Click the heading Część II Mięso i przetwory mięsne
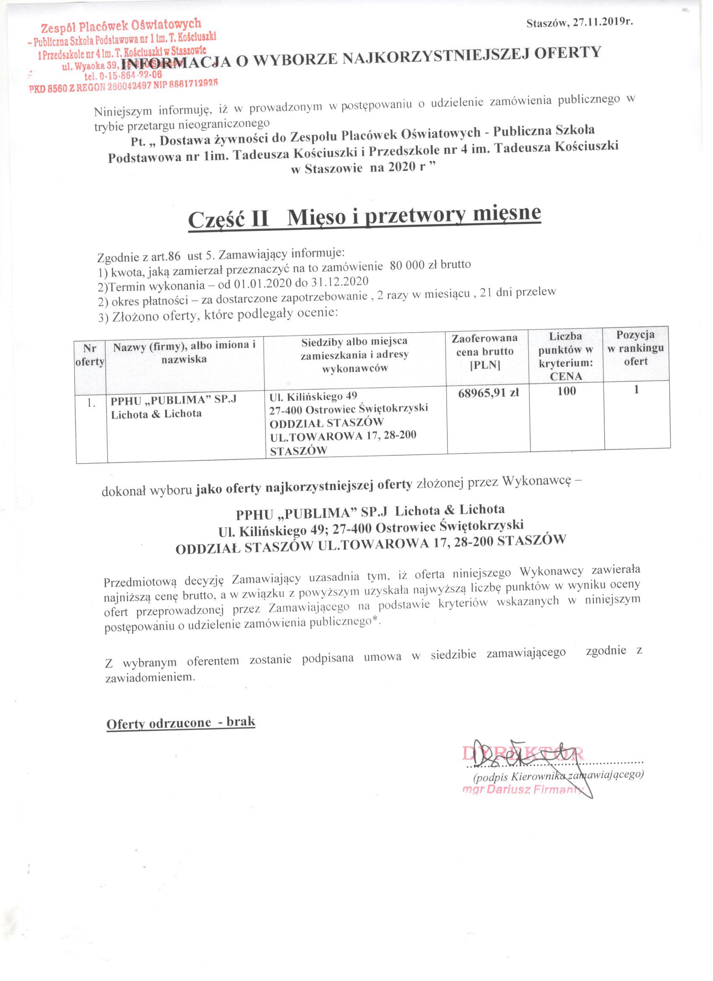[365, 216]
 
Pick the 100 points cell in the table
[567, 391]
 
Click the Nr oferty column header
[90, 355]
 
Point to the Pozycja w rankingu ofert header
[635, 348]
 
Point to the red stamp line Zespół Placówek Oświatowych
[121, 26]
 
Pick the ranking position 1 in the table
[636, 389]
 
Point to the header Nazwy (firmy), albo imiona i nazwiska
[185, 352]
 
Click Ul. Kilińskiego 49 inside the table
[312, 396]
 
